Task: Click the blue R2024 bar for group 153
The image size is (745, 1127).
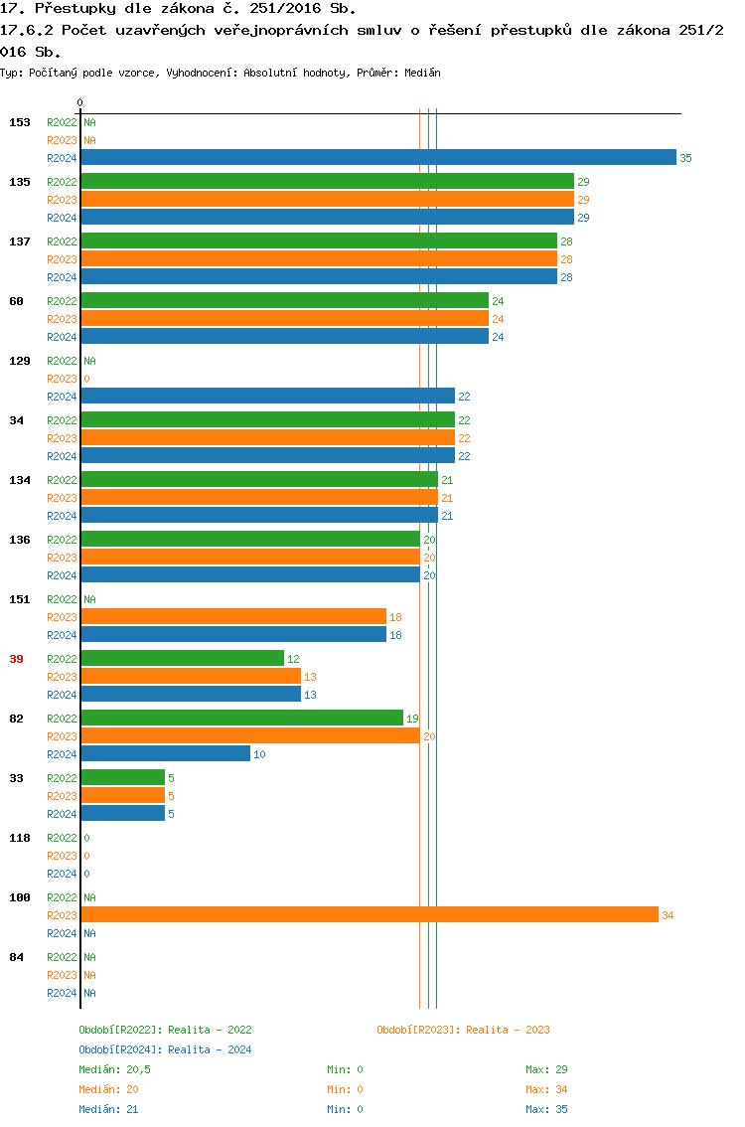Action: tap(377, 157)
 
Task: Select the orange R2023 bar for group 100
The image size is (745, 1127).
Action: tap(370, 914)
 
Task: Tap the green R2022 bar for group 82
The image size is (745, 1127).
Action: tap(241, 718)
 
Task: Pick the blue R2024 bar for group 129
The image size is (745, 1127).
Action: tap(267, 396)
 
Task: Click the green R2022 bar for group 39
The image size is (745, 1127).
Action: tap(182, 658)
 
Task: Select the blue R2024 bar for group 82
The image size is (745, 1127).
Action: tap(165, 753)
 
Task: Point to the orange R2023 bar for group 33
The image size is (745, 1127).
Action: tap(122, 795)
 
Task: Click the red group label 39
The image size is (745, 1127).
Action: tap(16, 659)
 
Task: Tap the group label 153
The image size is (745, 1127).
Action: tap(19, 122)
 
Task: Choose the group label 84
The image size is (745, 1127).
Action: tap(16, 957)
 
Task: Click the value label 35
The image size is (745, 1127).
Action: tap(685, 158)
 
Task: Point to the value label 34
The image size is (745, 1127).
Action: tap(668, 915)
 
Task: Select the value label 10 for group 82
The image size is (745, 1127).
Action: tap(259, 754)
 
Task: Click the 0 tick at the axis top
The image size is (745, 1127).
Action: tap(79, 102)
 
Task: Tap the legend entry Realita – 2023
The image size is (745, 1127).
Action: tap(463, 1030)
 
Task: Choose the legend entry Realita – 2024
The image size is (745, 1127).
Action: tap(165, 1049)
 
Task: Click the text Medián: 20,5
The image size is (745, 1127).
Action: tap(114, 1069)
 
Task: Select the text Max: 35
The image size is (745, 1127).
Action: tap(546, 1109)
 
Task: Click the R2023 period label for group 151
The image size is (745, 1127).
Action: tap(62, 617)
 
